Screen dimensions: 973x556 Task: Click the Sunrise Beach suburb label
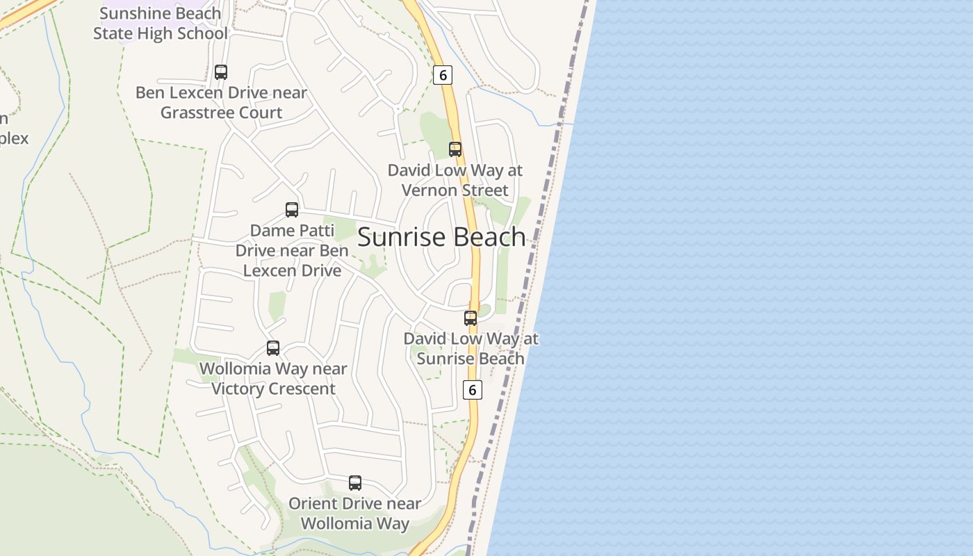point(441,237)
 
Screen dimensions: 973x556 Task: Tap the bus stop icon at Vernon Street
point(455,149)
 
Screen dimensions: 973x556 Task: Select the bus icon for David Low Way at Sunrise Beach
point(471,318)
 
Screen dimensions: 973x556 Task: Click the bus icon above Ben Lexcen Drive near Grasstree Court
point(221,72)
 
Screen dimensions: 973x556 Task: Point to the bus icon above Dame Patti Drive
point(292,209)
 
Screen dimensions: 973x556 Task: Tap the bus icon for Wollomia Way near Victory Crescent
point(273,347)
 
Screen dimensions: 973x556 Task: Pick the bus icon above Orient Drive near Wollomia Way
point(355,482)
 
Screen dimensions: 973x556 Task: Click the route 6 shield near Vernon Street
point(443,74)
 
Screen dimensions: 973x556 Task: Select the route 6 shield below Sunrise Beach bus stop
point(472,390)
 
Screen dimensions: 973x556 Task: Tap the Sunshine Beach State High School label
point(161,23)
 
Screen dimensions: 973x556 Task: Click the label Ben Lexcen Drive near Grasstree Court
point(221,102)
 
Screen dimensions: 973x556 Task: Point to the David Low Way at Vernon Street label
point(455,180)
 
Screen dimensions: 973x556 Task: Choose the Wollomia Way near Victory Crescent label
point(273,379)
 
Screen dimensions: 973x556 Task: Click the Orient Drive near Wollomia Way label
point(355,513)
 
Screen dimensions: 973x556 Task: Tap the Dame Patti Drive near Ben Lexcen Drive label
point(292,250)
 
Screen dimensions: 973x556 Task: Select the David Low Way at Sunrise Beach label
point(471,348)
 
